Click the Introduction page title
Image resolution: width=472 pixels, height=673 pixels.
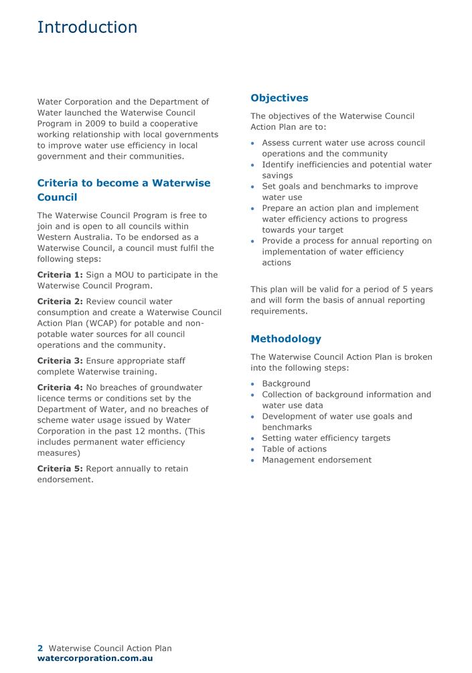87,27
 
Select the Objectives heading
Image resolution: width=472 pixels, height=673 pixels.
279,98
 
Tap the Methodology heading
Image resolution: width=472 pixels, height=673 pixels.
286,339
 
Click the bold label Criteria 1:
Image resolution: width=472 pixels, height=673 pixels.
60,275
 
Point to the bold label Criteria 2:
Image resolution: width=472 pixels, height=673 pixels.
60,302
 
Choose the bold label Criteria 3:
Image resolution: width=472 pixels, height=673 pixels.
60,361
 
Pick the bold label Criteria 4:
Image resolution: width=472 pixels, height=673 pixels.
60,388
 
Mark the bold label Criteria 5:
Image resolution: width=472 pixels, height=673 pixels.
60,469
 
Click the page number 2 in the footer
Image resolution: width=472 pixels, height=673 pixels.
40,648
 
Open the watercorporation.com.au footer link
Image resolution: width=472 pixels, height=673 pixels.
95,658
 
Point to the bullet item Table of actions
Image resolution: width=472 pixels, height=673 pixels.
294,450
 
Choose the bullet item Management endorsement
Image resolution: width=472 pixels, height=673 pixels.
316,460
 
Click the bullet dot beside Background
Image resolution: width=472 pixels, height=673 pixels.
252,385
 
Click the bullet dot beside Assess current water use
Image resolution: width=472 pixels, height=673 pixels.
252,144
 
